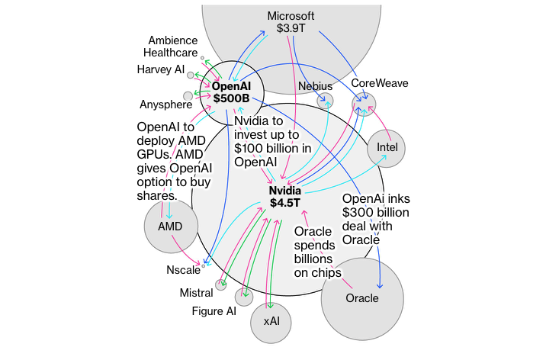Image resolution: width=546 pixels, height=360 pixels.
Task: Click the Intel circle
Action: pos(387,148)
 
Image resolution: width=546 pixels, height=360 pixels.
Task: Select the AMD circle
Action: pos(170,227)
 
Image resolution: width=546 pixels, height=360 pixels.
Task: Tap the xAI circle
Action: pos(271,320)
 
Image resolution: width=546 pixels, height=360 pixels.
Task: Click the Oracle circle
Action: pos(361,298)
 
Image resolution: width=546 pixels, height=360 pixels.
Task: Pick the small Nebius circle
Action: pos(326,100)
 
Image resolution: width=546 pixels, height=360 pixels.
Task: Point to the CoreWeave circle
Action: pos(365,103)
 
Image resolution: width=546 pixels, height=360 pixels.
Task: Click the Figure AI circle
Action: pos(244,297)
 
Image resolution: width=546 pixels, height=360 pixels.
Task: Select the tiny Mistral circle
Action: pos(221,285)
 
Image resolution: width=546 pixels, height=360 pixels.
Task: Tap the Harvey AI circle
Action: pos(191,75)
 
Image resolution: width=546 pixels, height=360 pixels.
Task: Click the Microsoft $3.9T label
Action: pos(292,23)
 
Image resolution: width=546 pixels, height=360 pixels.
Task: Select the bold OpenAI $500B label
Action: pos(237,92)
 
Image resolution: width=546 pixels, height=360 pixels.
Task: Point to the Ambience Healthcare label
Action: pos(173,47)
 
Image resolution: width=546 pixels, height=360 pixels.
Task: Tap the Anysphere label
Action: pos(165,104)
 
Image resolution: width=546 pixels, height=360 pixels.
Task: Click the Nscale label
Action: pos(183,269)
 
